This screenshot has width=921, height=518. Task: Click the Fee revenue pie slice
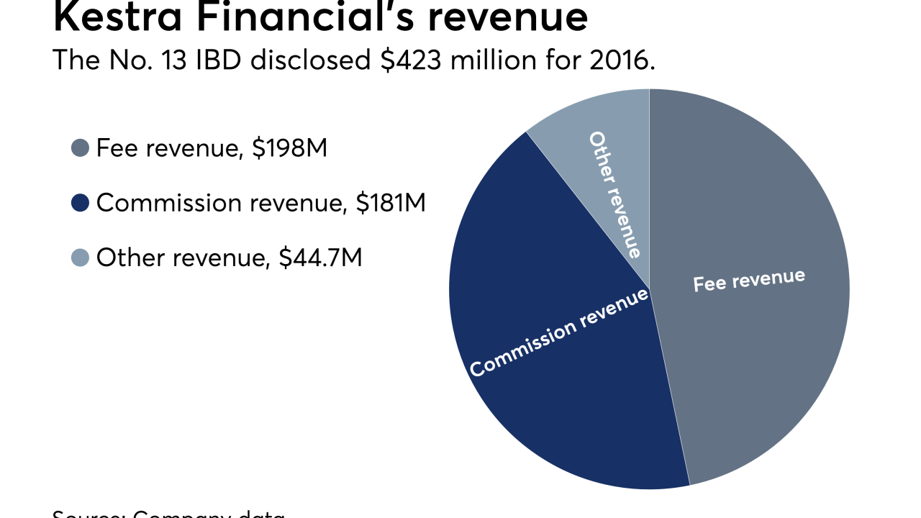756,360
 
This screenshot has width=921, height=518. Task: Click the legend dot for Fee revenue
80,149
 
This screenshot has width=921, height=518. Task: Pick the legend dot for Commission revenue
80,204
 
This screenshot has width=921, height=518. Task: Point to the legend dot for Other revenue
80,258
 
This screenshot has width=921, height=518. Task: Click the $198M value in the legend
291,149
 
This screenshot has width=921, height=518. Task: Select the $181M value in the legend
391,204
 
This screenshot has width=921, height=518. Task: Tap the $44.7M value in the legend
320,258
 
